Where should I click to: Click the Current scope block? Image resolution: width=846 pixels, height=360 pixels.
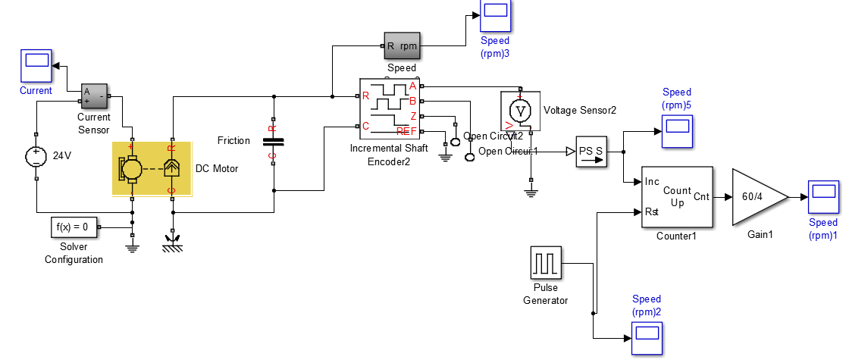click(36, 66)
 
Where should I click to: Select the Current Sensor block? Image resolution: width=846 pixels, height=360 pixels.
click(96, 95)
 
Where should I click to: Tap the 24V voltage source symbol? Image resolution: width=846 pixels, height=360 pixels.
click(36, 157)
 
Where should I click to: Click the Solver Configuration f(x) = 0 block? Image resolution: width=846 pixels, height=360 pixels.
click(74, 227)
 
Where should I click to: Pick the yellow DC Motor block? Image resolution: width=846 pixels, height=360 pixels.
click(152, 168)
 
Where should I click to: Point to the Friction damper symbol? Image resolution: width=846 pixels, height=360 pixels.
click(273, 142)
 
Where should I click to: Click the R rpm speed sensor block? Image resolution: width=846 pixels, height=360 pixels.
click(403, 45)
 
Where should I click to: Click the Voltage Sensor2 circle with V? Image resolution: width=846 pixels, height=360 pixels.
click(521, 111)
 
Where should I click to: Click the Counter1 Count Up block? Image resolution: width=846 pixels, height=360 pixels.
click(677, 196)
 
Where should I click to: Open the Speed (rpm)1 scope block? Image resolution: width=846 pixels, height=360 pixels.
click(822, 197)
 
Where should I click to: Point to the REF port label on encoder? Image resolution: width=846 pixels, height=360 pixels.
click(407, 132)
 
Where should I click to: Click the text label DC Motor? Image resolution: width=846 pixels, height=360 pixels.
click(217, 168)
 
